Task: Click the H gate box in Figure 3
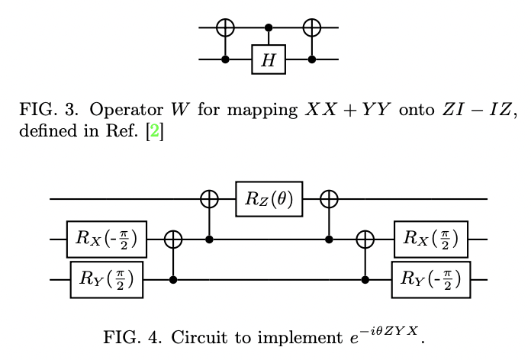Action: click(269, 61)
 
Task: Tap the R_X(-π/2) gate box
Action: click(106, 239)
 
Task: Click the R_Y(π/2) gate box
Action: click(106, 279)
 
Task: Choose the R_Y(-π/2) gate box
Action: click(431, 279)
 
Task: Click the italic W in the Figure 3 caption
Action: click(179, 111)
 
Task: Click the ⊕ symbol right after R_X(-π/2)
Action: click(173, 239)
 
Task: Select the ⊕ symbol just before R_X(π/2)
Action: click(366, 239)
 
